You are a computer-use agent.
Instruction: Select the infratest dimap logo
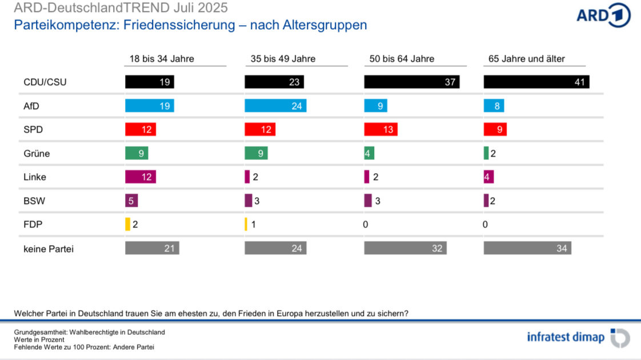(578, 337)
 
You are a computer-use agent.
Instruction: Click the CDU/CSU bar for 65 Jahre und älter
(536, 82)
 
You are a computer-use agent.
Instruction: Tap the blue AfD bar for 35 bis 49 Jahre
(275, 106)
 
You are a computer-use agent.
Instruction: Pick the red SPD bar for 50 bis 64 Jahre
(380, 129)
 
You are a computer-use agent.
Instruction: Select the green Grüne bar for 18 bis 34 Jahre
(137, 153)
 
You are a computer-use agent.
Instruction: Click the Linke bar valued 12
(141, 177)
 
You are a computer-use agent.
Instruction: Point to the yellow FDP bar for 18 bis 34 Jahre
(128, 224)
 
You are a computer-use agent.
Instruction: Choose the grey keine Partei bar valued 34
(527, 248)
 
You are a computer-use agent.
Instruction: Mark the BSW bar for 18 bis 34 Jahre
(131, 201)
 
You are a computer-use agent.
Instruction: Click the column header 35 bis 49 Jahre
(283, 59)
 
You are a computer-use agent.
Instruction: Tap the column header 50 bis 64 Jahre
(402, 59)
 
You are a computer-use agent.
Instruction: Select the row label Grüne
(37, 153)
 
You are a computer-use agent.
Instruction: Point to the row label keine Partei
(49, 249)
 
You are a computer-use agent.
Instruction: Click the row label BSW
(34, 201)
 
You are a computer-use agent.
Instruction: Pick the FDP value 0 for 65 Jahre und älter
(485, 225)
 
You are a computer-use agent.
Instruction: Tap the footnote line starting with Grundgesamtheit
(89, 332)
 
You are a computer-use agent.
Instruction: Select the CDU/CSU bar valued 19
(149, 82)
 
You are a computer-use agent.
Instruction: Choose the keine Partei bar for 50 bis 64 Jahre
(405, 248)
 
